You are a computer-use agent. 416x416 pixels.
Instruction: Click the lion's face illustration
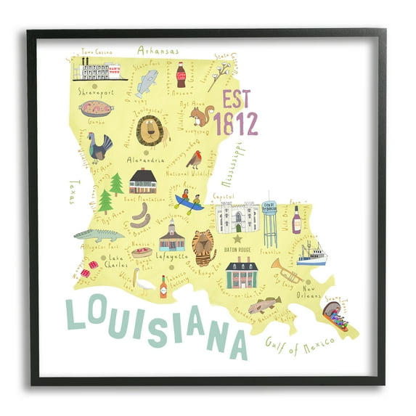[152, 131]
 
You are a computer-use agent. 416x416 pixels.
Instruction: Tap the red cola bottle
[181, 74]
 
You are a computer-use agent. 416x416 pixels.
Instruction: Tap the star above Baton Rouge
[236, 238]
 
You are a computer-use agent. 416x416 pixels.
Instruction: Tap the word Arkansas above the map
[158, 51]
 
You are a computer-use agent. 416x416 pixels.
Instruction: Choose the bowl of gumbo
[97, 109]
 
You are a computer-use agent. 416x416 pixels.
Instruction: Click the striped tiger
[204, 248]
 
